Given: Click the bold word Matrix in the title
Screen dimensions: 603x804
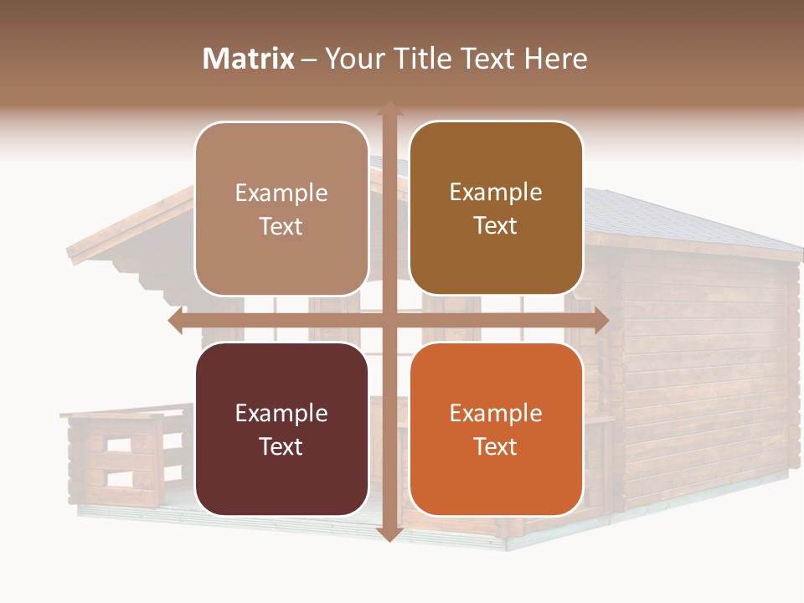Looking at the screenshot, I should point(249,59).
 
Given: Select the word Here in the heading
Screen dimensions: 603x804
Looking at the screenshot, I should point(555,59).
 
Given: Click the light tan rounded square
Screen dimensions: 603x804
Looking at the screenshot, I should point(281,209).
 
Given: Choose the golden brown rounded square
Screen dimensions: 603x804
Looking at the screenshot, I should point(496,209).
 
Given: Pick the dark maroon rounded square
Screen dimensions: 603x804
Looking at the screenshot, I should point(281,429).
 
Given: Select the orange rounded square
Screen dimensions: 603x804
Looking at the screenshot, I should point(496,429).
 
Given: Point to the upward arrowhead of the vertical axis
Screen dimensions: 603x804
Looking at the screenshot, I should point(389,109).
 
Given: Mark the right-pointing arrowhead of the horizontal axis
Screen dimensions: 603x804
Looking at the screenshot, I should point(600,321).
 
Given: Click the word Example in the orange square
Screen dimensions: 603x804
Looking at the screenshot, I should point(496,413).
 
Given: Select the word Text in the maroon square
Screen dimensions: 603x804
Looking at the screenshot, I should point(281,446).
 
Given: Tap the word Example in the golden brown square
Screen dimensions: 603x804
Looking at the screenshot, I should point(496,193).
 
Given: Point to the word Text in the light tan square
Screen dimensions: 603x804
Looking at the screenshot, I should point(281,226).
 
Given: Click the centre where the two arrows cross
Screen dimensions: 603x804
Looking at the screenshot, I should point(389,321).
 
